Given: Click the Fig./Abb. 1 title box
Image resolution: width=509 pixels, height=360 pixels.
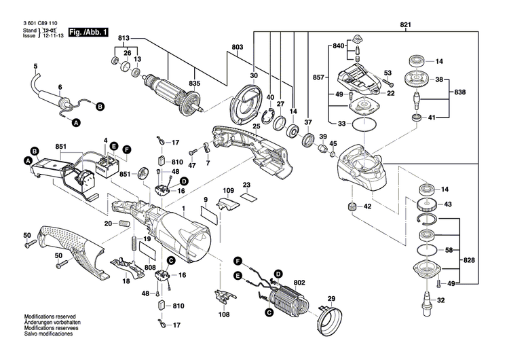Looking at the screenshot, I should click(88, 31).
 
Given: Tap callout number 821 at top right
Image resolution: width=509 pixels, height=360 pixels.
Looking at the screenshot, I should click(406, 25).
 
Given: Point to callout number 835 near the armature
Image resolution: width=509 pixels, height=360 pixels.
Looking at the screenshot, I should click(195, 83).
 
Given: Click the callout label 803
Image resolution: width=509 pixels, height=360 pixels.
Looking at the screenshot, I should click(237, 46).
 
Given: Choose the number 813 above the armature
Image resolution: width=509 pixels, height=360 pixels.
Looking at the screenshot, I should click(124, 37).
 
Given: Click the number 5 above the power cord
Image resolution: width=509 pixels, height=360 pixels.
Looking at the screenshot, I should click(36, 66).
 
